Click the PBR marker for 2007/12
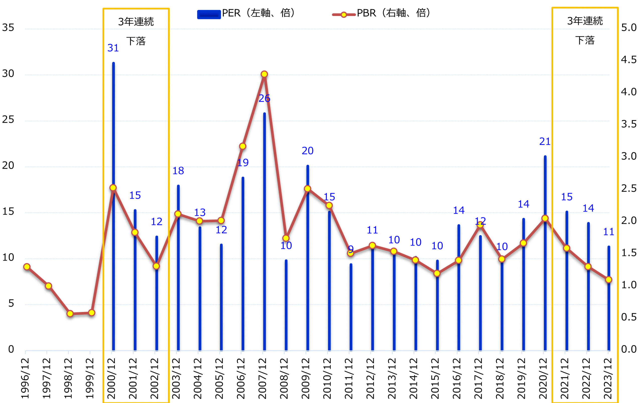(x=264, y=74)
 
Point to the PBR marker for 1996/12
(x=27, y=267)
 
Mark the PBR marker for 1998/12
(x=70, y=314)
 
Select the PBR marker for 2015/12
(x=437, y=273)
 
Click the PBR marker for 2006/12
(x=243, y=146)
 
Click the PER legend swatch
(x=209, y=14)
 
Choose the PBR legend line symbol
(x=344, y=15)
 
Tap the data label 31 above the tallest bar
(x=113, y=48)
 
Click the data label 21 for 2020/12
(x=545, y=141)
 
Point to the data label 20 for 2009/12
(x=307, y=151)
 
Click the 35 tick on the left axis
(x=8, y=27)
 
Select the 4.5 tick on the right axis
(x=629, y=60)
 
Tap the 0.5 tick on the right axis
(x=629, y=317)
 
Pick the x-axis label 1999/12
(x=90, y=378)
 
